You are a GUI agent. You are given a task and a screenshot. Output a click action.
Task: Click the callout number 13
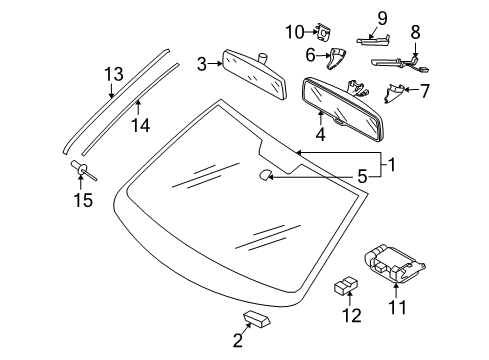coord(114,74)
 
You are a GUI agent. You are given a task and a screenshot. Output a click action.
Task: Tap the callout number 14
coord(140,126)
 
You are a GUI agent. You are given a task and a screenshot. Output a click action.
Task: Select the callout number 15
coord(83,200)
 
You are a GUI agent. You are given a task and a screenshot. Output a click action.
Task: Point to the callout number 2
coord(238,341)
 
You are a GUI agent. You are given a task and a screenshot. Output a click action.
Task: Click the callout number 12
coord(352,315)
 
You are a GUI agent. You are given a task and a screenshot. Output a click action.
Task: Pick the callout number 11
coord(397,308)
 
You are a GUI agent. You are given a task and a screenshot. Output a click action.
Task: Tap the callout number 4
coord(320,134)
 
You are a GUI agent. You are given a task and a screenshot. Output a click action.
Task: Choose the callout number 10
coord(295,32)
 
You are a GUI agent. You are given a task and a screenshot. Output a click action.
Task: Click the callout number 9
coord(382,18)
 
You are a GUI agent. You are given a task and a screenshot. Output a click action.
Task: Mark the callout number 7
coord(424,91)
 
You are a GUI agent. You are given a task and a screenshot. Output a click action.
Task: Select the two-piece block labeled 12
coord(346,285)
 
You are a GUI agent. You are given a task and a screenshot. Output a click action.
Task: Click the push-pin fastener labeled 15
coord(83,169)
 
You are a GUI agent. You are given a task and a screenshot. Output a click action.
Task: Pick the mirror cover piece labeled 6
coord(336,59)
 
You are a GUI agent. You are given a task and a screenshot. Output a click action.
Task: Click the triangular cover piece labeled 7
coord(394,93)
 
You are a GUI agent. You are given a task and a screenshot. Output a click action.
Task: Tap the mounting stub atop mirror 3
coord(263,58)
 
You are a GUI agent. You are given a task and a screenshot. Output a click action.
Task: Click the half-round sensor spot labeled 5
coord(266,175)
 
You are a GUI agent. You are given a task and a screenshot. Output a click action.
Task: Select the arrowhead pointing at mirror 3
coord(220,63)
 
